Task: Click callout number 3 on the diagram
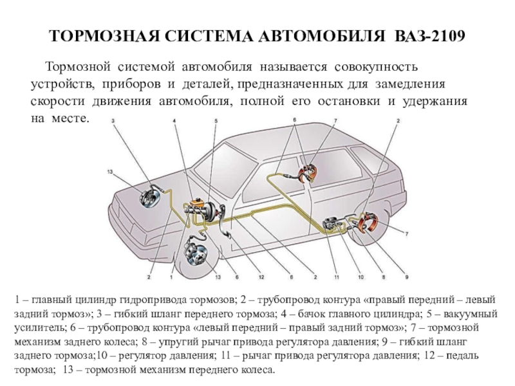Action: coord(113,121)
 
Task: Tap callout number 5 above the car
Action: coord(216,121)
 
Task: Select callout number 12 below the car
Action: coord(261,277)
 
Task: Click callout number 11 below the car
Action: coord(336,277)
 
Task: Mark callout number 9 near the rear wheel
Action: coord(407,277)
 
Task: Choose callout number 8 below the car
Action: coord(383,277)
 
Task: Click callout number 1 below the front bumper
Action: coord(171,277)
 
